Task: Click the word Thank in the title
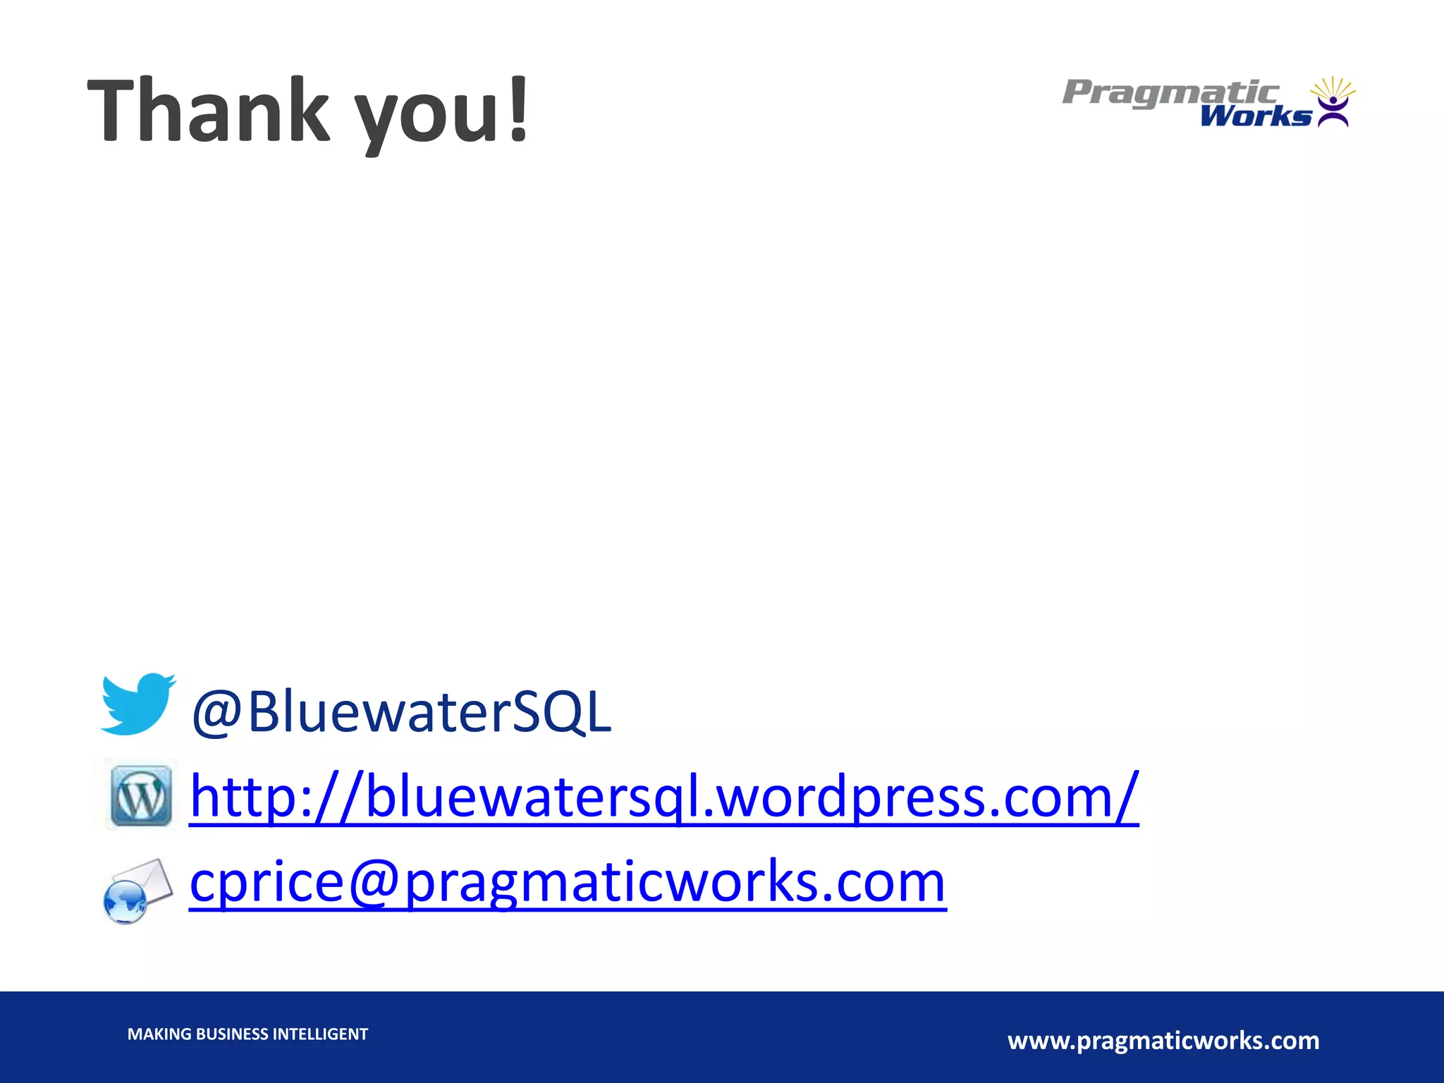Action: pos(209,111)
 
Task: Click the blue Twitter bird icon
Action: pos(137,704)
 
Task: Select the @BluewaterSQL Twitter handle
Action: pos(400,712)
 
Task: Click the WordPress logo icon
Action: pos(141,795)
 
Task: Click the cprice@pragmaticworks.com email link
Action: pos(568,883)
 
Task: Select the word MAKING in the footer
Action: pos(159,1034)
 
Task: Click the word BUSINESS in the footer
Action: pos(232,1034)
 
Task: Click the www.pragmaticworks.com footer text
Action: pos(1163,1041)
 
